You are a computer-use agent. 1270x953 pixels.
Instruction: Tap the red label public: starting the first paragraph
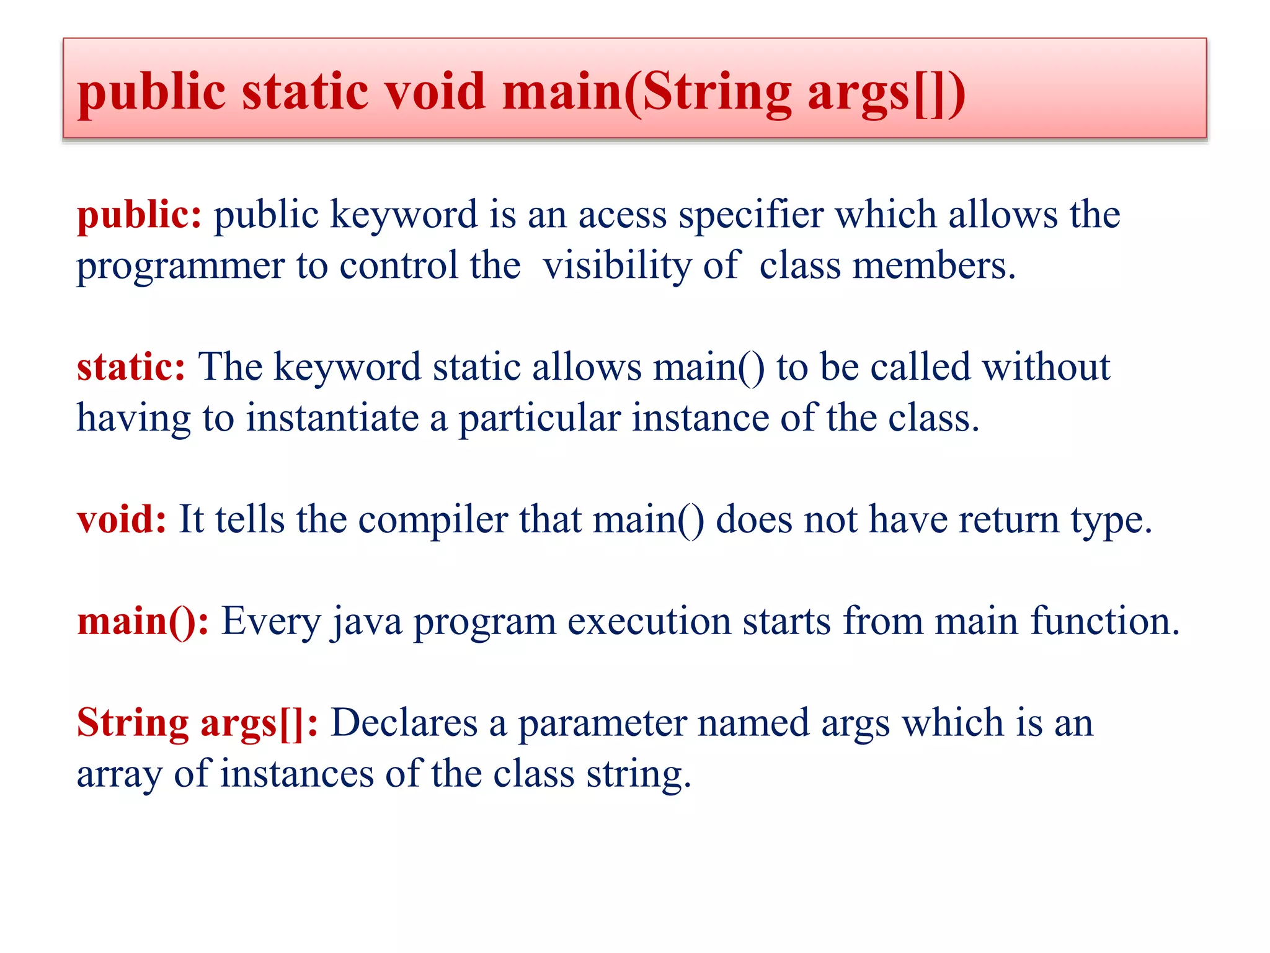139,216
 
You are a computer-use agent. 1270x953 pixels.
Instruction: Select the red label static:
131,367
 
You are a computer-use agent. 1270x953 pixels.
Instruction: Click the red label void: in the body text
122,519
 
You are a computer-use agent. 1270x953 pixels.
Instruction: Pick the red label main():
143,620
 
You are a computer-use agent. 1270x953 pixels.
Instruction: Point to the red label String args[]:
197,723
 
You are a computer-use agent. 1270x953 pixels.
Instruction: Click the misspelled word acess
622,215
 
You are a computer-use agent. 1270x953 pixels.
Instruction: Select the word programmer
180,267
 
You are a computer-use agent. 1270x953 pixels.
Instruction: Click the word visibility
616,267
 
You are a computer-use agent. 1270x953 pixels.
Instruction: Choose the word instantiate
332,418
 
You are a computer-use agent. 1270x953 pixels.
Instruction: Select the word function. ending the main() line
1104,620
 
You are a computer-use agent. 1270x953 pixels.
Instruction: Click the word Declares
404,723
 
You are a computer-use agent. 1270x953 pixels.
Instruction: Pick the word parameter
602,723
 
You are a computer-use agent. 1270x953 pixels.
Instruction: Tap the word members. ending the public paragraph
934,267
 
